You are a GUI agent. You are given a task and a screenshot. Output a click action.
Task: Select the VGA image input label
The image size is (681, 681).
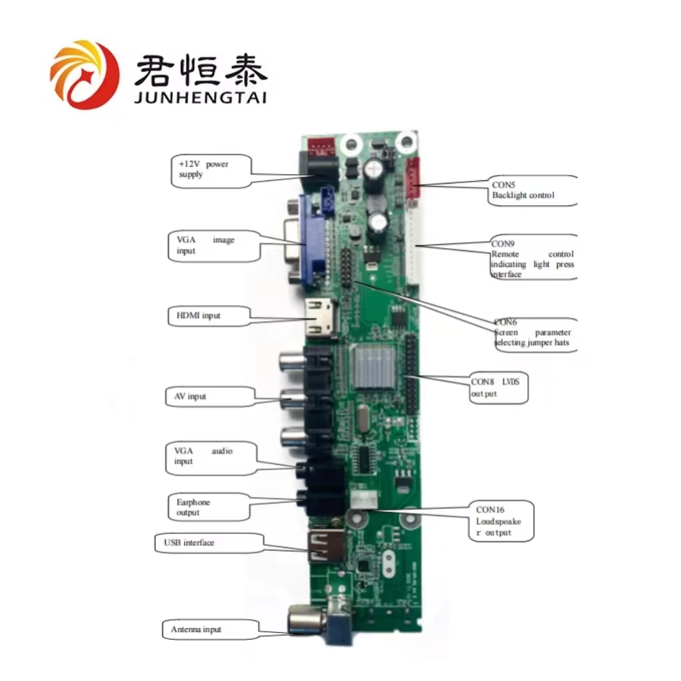[212, 245]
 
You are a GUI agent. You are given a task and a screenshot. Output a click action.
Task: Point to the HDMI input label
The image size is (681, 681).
[208, 315]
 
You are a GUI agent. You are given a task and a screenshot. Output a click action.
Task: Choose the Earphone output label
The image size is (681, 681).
[208, 507]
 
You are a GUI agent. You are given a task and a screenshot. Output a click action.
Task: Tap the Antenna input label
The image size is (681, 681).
[202, 629]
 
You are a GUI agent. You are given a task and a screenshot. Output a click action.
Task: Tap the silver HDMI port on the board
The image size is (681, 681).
[321, 318]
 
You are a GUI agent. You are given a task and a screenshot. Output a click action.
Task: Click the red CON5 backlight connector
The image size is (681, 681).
[413, 180]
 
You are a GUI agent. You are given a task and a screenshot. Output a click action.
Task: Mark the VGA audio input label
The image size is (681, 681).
[208, 457]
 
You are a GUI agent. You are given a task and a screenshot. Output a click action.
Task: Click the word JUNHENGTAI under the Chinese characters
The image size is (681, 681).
[200, 98]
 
